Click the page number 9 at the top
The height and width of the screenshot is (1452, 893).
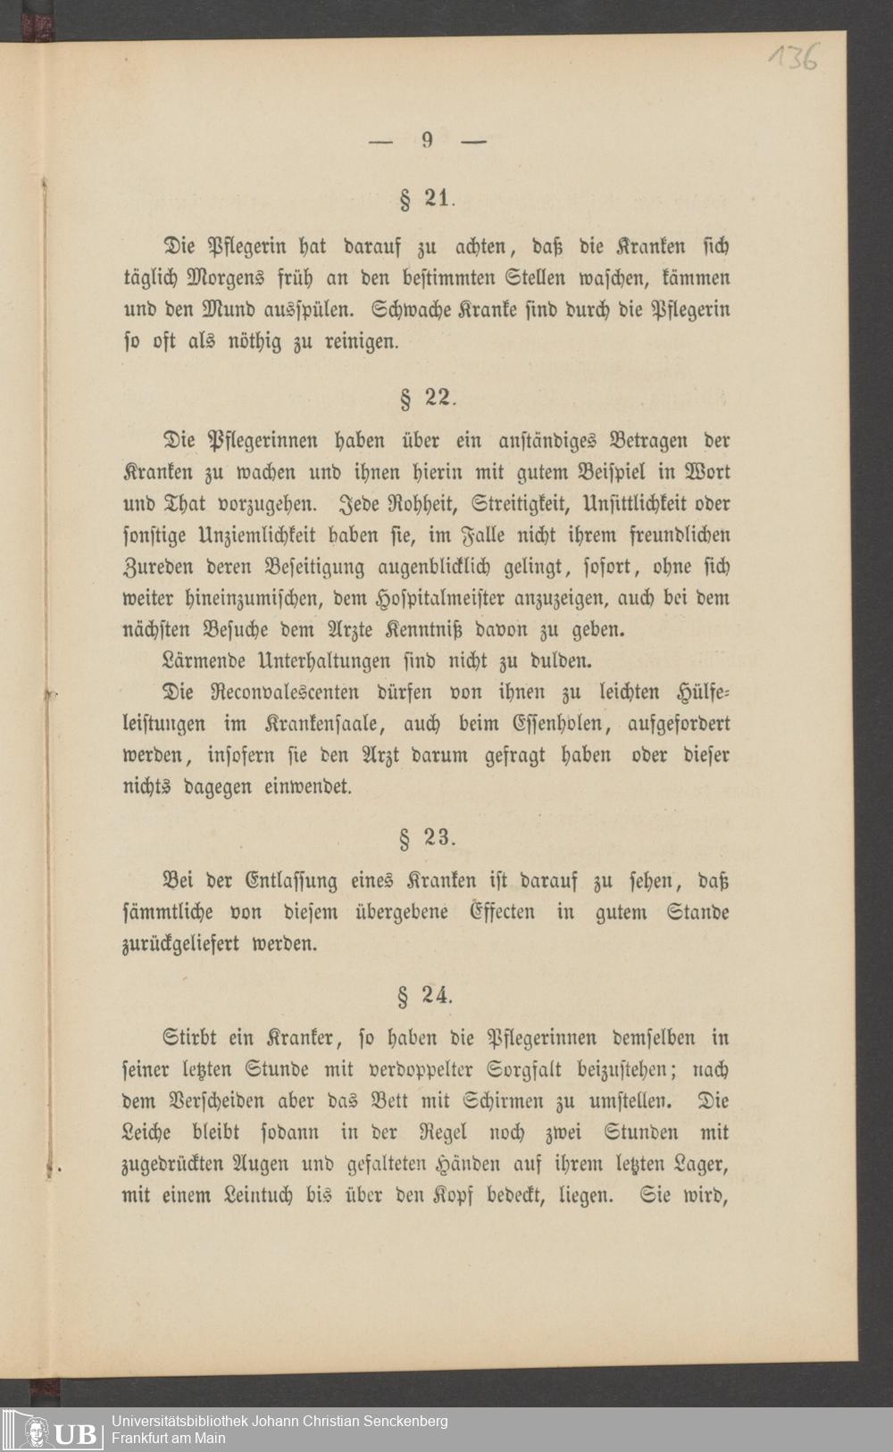428,139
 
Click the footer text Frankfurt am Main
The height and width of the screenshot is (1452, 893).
168,1438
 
